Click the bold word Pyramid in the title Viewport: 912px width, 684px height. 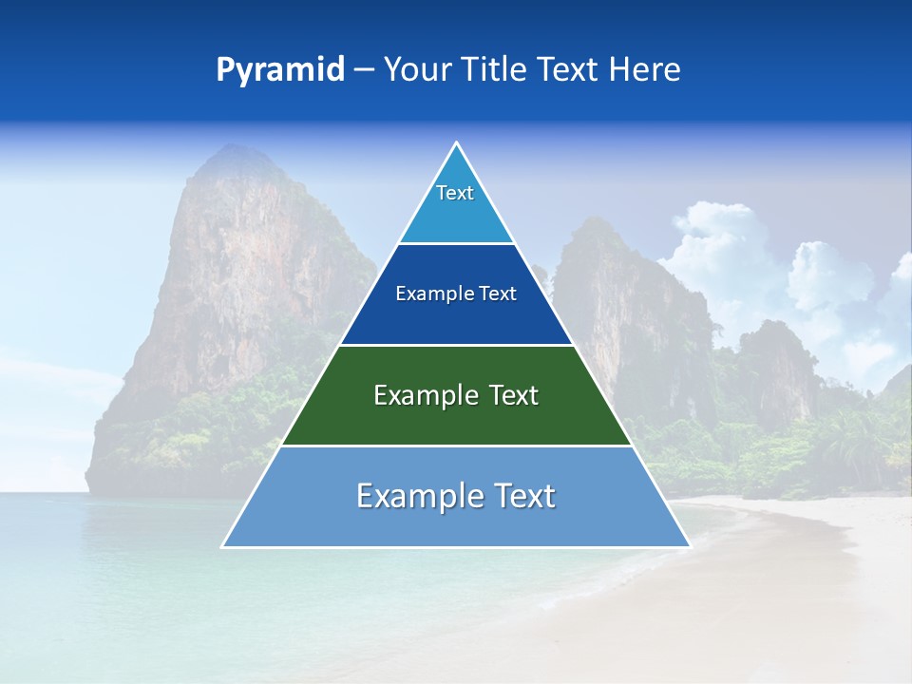[279, 70]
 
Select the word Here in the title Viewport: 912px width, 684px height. [645, 70]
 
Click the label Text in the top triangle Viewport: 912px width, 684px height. [455, 193]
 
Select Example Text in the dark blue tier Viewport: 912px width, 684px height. [456, 294]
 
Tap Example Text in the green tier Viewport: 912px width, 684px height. [456, 395]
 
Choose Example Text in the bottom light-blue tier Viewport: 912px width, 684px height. [456, 496]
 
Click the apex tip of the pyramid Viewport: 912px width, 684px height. [456, 143]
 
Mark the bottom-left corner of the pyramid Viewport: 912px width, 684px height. [223, 546]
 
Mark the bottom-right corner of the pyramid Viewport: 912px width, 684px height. [689, 546]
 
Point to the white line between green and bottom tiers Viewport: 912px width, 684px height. [456, 446]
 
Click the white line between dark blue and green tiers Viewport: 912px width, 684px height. [456, 345]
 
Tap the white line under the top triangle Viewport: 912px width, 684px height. [456, 244]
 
